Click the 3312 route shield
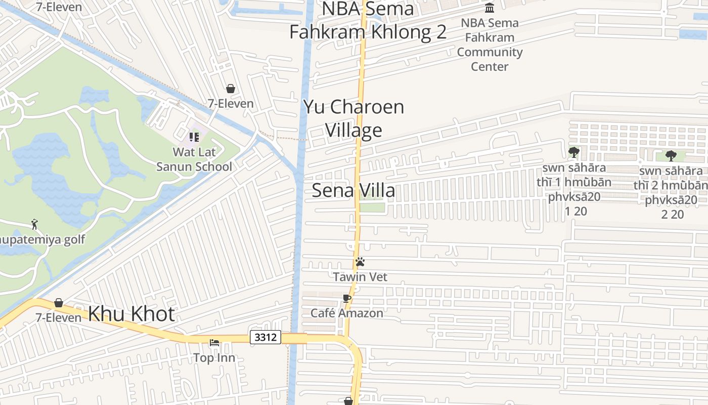tap(265, 337)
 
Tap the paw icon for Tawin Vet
tap(360, 262)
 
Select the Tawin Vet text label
tap(360, 277)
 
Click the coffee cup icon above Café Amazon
tap(346, 298)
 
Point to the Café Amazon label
tap(347, 313)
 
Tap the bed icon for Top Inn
tap(214, 343)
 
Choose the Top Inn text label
tap(214, 358)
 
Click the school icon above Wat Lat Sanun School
tap(194, 137)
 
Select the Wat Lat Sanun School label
tap(194, 159)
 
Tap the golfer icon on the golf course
tap(34, 224)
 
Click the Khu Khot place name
tap(131, 314)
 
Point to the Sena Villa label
tap(353, 191)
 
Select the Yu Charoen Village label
tap(353, 118)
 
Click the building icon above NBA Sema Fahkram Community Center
tap(490, 8)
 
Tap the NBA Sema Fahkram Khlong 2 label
tap(368, 20)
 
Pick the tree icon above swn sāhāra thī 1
tap(573, 152)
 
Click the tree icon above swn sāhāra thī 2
tap(671, 155)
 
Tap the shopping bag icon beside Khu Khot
tap(59, 303)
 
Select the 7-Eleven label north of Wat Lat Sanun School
tap(231, 104)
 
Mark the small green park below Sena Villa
tap(372, 207)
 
